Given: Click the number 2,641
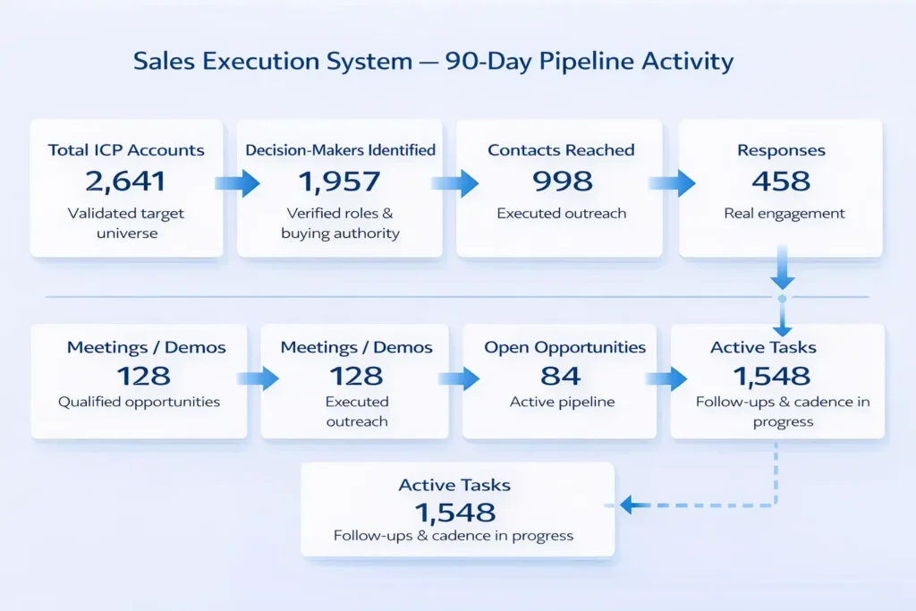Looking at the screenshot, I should click(x=126, y=182).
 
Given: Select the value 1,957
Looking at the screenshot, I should click(x=340, y=182).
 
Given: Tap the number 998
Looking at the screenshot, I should click(x=562, y=182).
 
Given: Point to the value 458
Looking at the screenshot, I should click(x=780, y=182).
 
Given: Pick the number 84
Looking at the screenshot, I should click(x=561, y=376).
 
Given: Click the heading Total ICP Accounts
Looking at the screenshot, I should click(x=126, y=150).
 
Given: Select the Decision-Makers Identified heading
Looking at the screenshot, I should click(x=340, y=150).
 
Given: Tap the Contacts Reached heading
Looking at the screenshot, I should click(x=562, y=150).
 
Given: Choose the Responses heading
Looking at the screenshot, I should click(x=780, y=150).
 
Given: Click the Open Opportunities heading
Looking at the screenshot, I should click(x=564, y=347).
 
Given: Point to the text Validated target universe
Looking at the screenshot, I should click(x=126, y=223).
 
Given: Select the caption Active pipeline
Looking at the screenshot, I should click(x=562, y=403).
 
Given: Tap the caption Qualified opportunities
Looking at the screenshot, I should click(x=139, y=403).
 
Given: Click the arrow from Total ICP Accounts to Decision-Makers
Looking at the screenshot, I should click(x=236, y=183).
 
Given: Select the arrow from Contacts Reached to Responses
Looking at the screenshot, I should click(x=671, y=183).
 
